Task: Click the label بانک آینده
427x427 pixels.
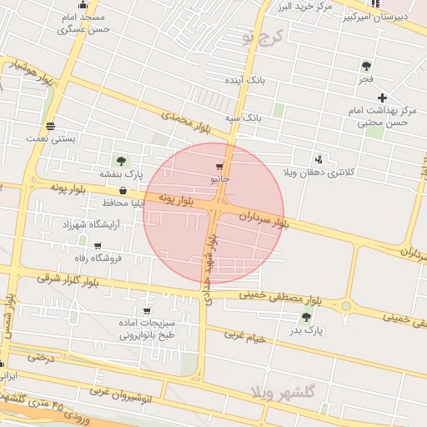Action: pyautogui.click(x=244, y=81)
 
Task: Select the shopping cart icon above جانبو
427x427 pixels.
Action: pyautogui.click(x=219, y=167)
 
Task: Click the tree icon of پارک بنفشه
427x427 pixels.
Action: pyautogui.click(x=122, y=161)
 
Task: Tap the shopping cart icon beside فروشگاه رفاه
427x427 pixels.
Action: pyautogui.click(x=98, y=246)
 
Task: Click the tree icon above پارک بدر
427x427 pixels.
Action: pyautogui.click(x=307, y=317)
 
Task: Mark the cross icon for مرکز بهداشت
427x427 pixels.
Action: pyautogui.click(x=383, y=98)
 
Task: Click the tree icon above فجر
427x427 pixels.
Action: pyautogui.click(x=366, y=66)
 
